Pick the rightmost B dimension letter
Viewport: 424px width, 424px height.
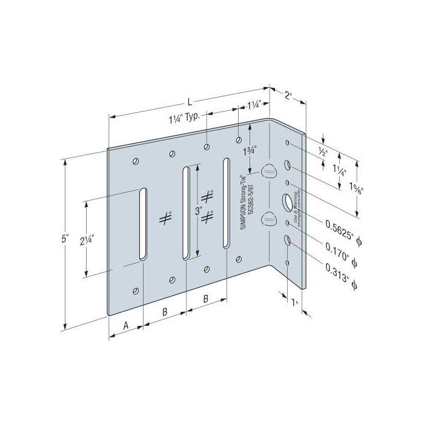tap(206, 299)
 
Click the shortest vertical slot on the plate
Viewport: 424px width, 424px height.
tap(142, 225)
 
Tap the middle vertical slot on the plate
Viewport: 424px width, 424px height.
tap(186, 213)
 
